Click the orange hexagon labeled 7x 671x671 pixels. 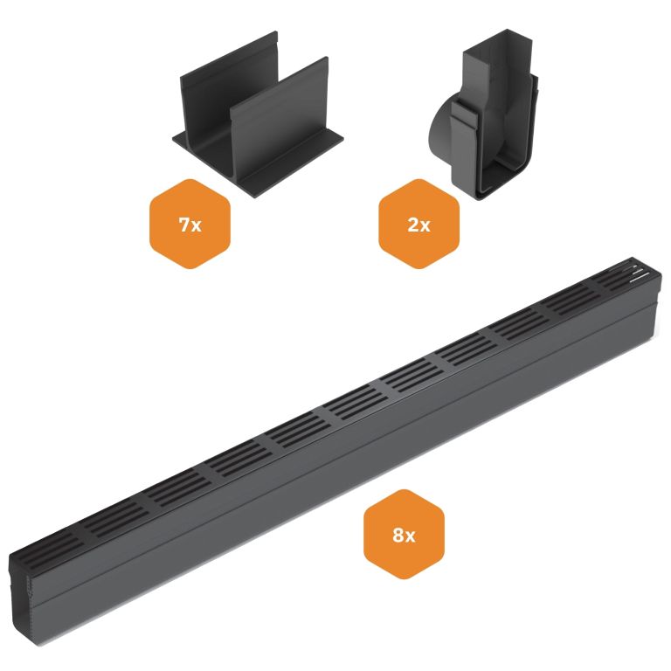click(x=190, y=225)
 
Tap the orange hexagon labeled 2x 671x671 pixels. click(x=419, y=225)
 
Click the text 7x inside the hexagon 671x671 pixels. click(x=190, y=225)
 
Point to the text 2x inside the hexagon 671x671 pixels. click(x=419, y=225)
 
